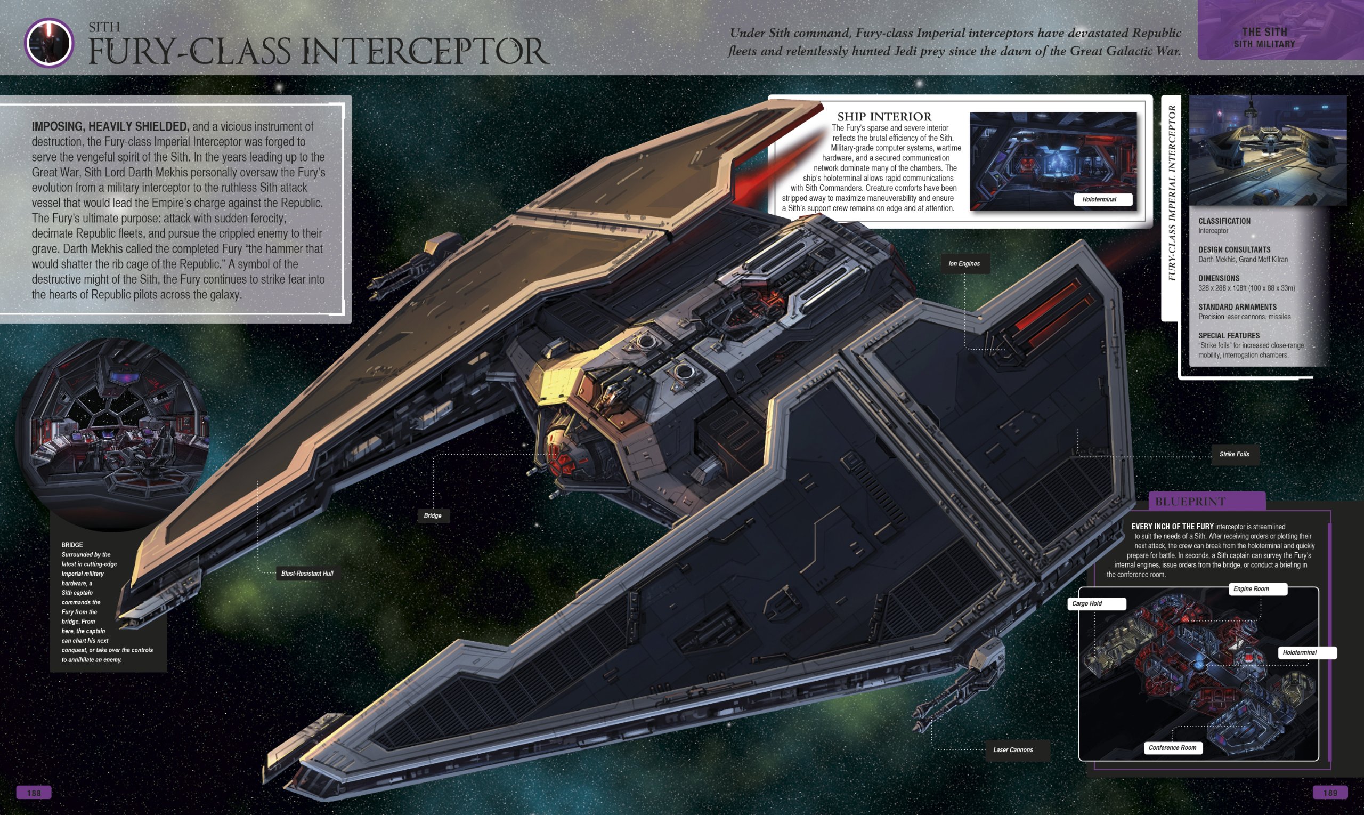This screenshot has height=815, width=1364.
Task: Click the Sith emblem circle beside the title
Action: coord(49,43)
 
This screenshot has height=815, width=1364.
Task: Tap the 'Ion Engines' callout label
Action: coord(964,264)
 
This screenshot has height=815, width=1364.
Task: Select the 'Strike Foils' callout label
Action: coord(1234,454)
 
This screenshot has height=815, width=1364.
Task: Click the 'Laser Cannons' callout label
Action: coord(1013,749)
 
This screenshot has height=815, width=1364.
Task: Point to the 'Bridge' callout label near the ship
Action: coord(433,515)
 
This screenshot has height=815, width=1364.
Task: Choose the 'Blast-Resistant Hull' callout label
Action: coord(307,574)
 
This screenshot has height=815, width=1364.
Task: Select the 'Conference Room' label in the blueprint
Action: coord(1172,747)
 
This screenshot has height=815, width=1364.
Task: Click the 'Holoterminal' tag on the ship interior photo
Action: coord(1099,199)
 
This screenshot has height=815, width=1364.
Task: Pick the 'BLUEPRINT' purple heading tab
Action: coord(1190,502)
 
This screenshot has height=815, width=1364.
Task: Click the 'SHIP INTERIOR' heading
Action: coord(884,116)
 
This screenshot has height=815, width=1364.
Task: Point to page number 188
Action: coord(34,793)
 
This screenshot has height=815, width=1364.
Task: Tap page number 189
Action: coord(1330,793)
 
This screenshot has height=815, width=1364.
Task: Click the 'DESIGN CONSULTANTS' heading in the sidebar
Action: coord(1234,249)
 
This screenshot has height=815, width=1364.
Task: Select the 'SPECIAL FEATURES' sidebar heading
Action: coord(1229,336)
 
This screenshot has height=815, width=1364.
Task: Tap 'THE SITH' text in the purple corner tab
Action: coord(1264,32)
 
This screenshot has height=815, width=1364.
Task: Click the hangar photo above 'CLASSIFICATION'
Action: coord(1267,150)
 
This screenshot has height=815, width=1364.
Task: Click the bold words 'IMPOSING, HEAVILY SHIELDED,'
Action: coord(110,126)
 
